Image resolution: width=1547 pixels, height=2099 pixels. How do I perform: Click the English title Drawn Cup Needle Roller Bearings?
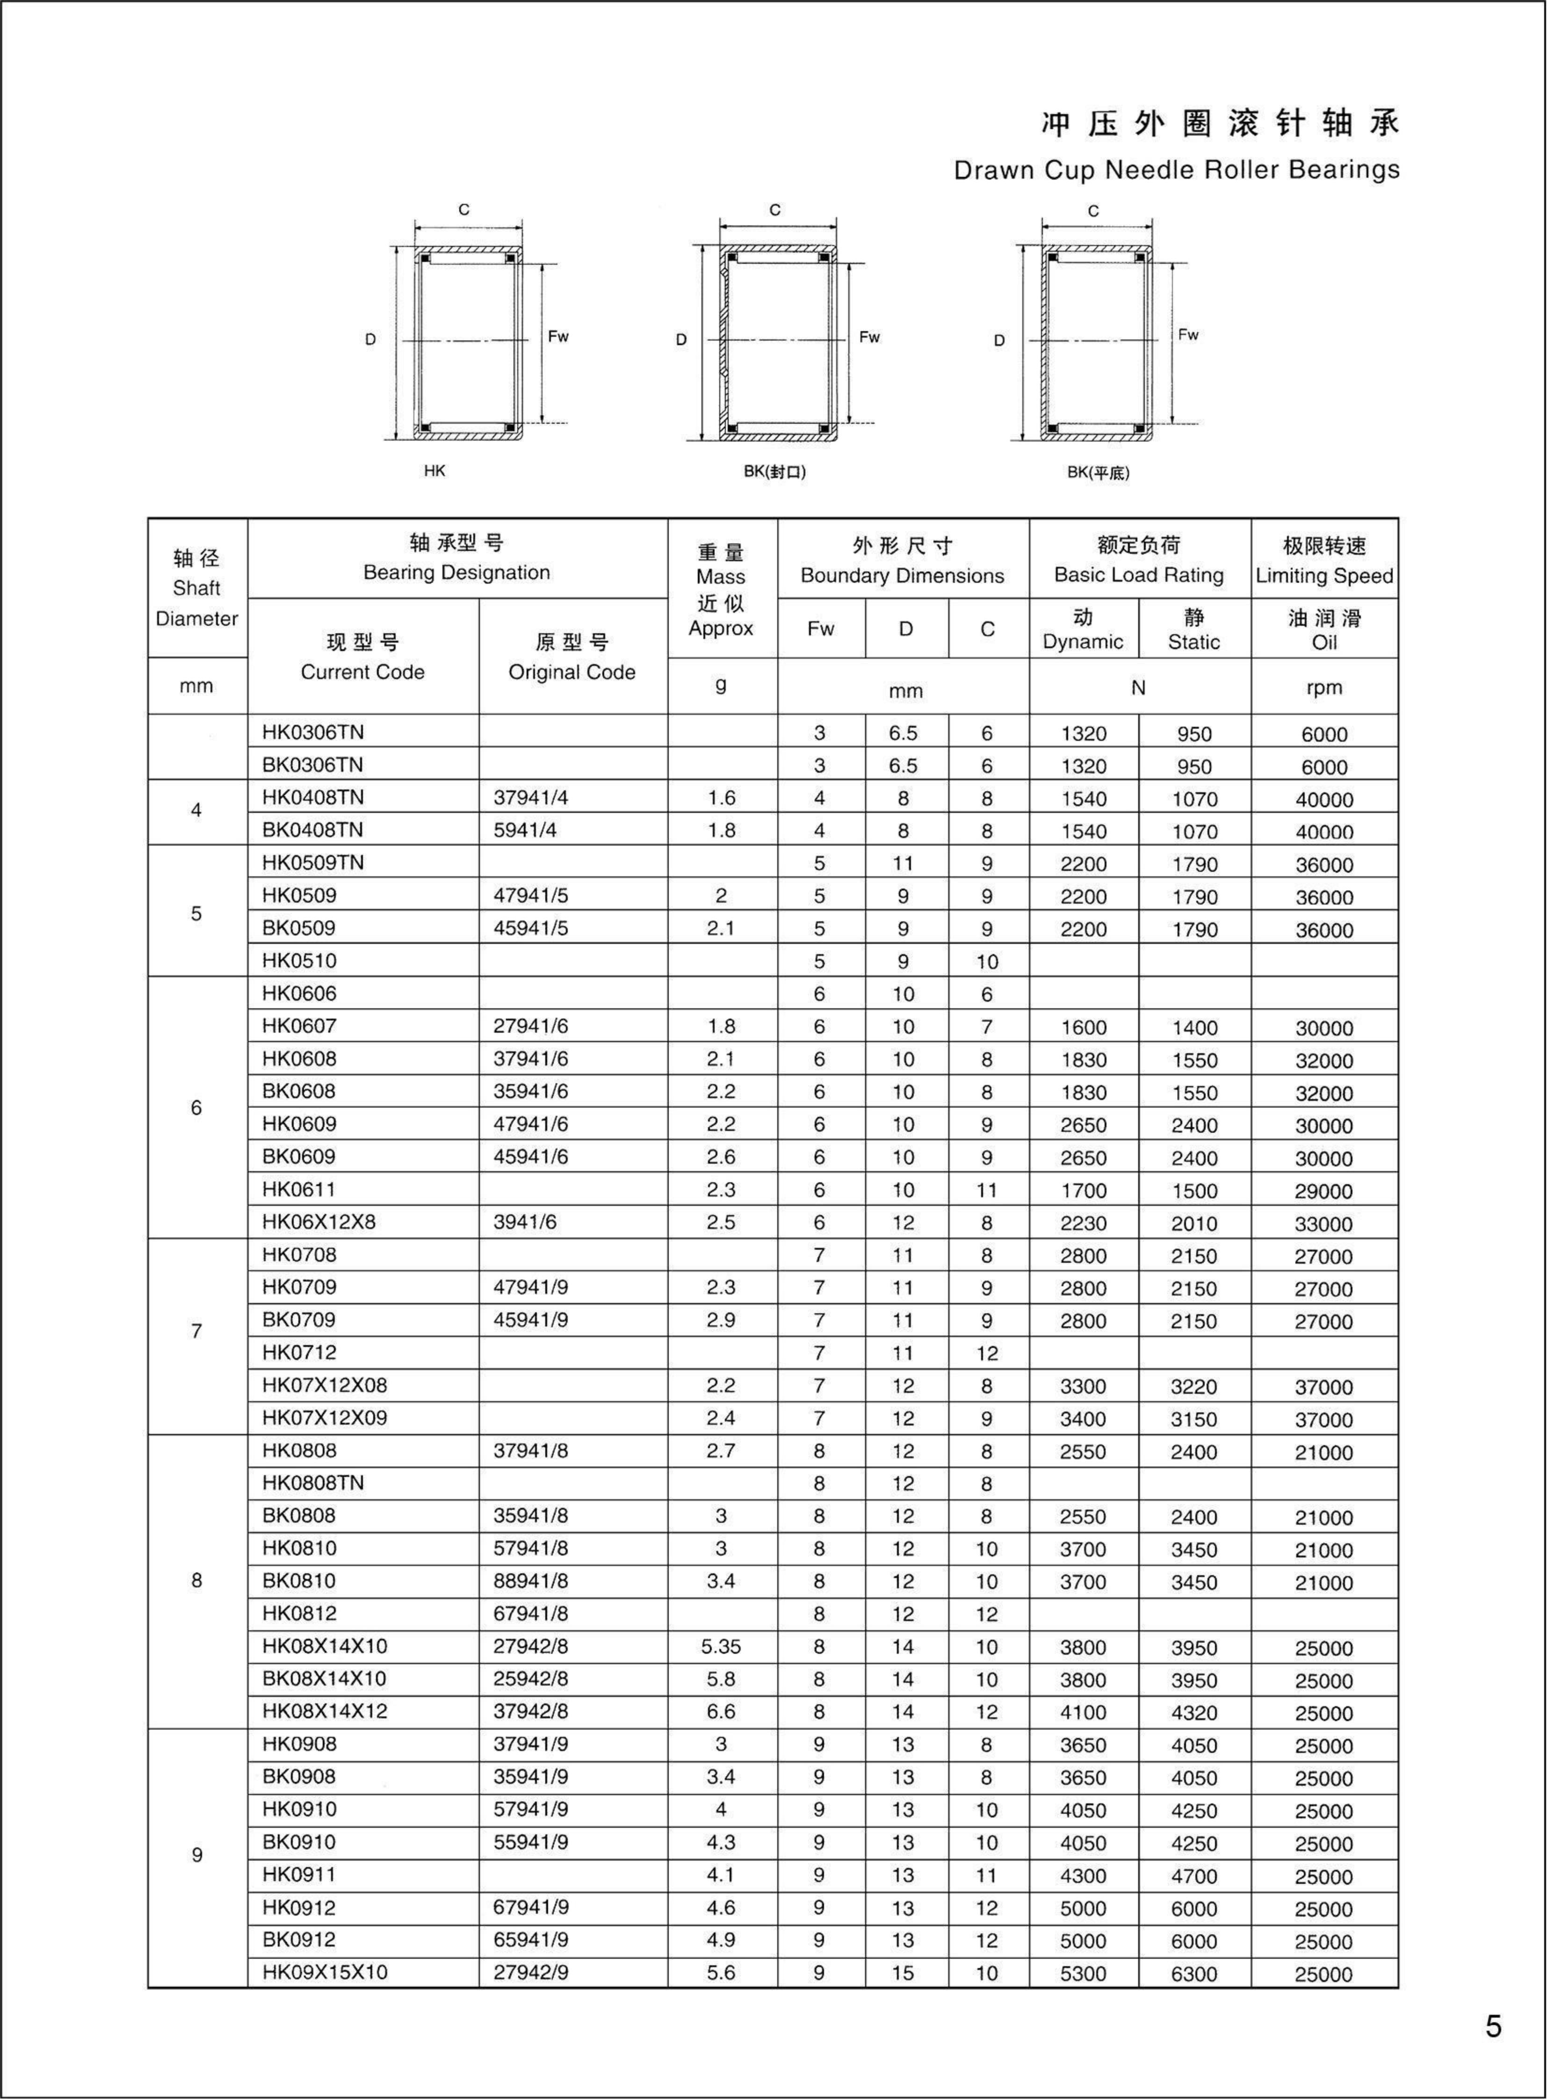[x=1176, y=170]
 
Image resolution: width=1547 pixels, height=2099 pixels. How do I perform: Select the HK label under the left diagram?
[x=434, y=471]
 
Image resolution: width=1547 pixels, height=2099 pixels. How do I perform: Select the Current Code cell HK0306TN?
[x=313, y=732]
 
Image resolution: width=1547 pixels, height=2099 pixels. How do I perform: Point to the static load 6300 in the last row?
[x=1194, y=1974]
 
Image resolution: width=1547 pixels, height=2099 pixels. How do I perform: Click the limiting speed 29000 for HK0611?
[x=1323, y=1190]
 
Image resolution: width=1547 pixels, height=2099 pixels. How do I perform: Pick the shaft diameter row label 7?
[x=197, y=1331]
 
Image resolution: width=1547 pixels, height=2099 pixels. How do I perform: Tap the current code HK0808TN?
[x=313, y=1483]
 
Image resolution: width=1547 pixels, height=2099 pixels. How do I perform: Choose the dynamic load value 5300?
[x=1084, y=1974]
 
